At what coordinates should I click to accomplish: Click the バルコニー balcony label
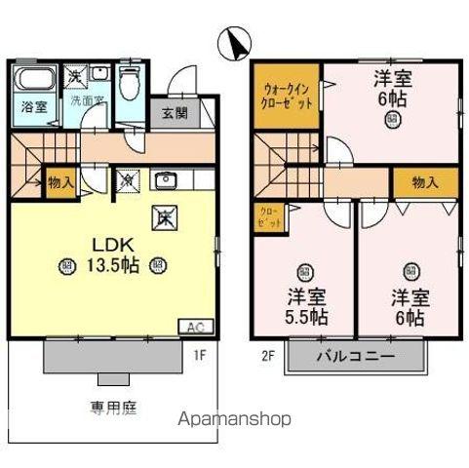coord(355,358)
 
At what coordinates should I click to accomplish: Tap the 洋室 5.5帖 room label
coord(306,307)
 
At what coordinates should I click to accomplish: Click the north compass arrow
coord(235,42)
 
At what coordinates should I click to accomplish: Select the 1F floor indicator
coord(199,356)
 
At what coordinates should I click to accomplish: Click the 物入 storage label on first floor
coord(59,182)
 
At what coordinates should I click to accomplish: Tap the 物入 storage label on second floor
coord(424,182)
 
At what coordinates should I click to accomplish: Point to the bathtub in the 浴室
coord(33,80)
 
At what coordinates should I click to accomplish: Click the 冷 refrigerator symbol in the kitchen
coord(127,178)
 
